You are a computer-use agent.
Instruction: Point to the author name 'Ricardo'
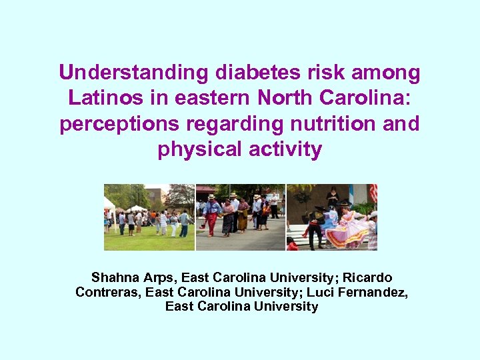[x=367, y=277]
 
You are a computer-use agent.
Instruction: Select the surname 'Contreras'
[x=108, y=292]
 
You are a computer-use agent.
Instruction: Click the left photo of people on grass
[x=149, y=217]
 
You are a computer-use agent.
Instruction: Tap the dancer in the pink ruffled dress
[x=347, y=230]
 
